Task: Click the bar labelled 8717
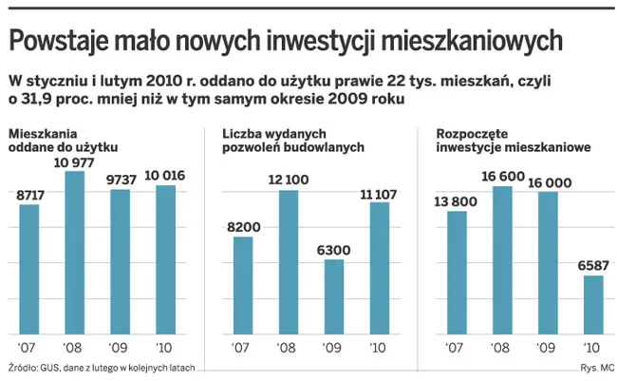point(29,269)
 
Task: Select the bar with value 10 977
point(75,252)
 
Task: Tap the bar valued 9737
point(121,261)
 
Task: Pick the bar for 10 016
point(166,259)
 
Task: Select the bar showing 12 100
point(289,261)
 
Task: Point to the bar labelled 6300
point(334,295)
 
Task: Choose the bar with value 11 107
point(380,267)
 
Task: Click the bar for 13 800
point(457,272)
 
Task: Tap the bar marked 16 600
point(502,259)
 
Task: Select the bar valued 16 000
point(548,262)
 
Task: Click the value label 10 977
point(75,162)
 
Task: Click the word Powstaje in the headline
point(60,40)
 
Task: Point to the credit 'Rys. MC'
point(595,368)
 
